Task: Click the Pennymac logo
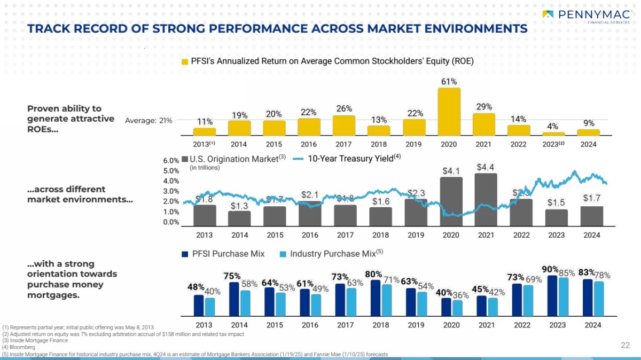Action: tap(586, 17)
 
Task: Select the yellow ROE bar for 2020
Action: tap(449, 112)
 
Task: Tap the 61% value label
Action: tap(449, 82)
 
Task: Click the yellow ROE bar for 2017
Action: tap(343, 126)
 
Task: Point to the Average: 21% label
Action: tap(148, 121)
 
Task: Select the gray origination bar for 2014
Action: tap(239, 218)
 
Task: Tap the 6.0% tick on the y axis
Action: tap(170, 160)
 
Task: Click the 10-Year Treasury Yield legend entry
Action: tap(347, 159)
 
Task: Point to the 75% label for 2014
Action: tap(232, 276)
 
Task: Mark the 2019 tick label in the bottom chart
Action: tap(416, 325)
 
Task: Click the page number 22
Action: tap(626, 346)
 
